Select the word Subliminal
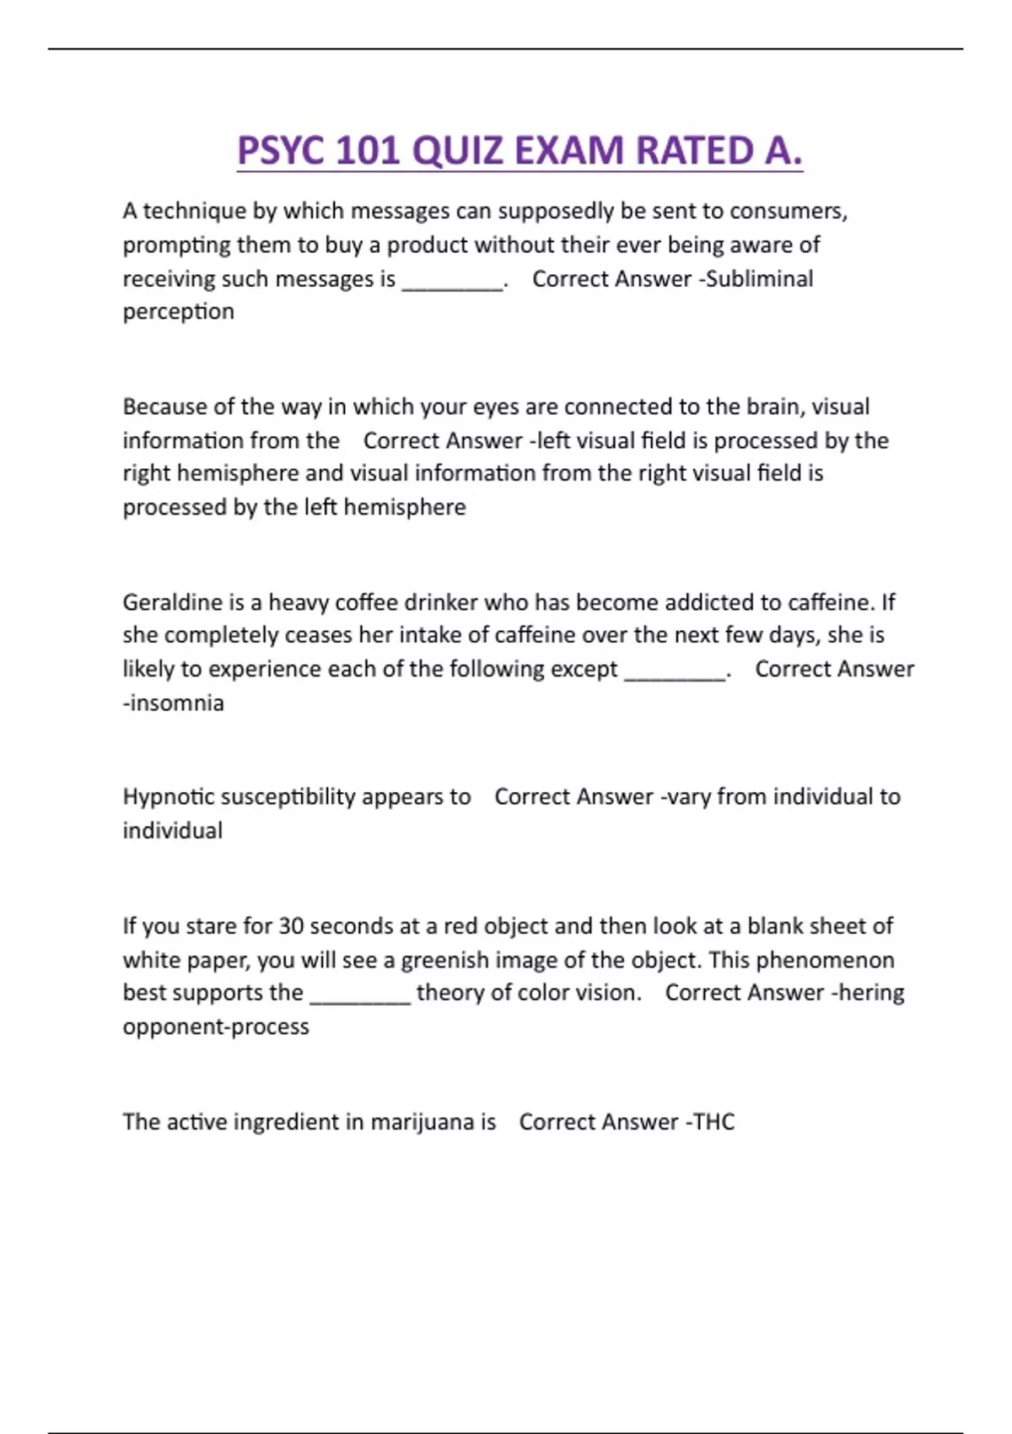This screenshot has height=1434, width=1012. pos(759,279)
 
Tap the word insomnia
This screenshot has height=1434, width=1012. pos(176,704)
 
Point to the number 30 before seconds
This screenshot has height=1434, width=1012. pos(291,926)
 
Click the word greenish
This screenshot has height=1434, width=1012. pos(444,961)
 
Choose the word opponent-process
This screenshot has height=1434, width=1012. pos(216,1027)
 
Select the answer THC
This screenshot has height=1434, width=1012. pos(713,1122)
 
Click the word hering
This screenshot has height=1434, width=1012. pos(871,993)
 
